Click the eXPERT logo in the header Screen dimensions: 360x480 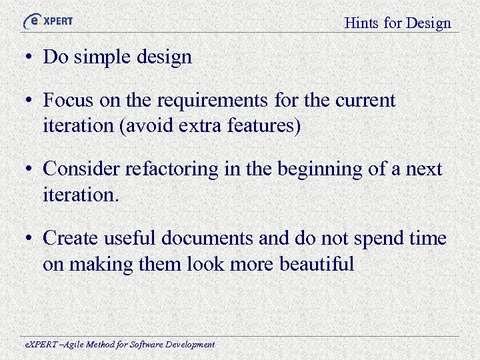48,21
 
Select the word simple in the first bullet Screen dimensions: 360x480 103,57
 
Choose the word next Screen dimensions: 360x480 421,169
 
